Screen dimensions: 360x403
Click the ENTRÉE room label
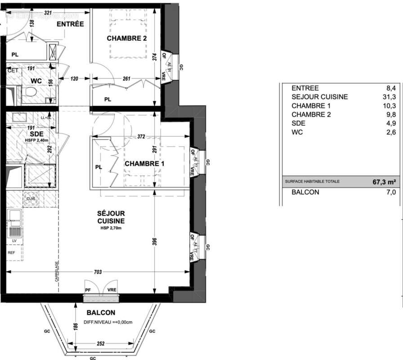70,24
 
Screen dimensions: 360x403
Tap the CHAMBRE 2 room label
127,39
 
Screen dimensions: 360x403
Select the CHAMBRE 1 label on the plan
144,164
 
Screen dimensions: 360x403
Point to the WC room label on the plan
36,81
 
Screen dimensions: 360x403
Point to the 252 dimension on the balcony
101,343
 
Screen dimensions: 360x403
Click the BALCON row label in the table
305,192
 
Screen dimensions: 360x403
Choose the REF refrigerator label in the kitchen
12,252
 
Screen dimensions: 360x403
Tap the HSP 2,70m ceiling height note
111,229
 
